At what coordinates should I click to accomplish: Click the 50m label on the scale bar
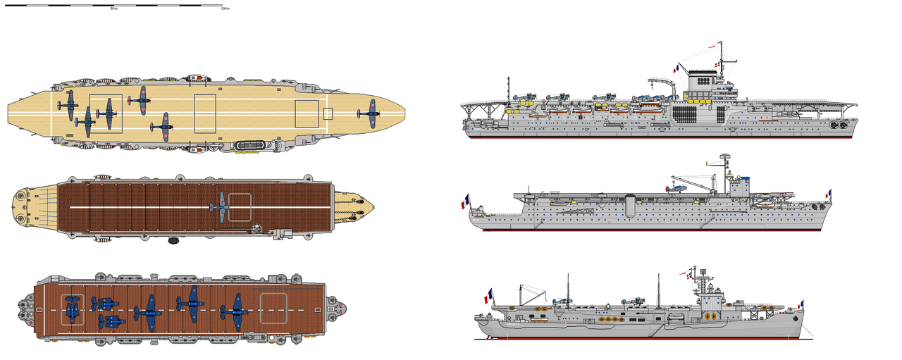[113, 8]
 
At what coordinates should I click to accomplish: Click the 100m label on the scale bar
[225, 8]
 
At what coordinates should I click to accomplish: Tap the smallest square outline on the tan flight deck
[328, 113]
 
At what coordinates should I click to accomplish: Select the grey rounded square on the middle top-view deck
[240, 206]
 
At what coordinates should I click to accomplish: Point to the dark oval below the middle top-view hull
[173, 241]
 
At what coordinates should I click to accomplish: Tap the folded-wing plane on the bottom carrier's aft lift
[72, 309]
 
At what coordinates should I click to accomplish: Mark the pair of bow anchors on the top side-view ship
[838, 125]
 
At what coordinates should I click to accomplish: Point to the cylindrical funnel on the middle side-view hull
[629, 206]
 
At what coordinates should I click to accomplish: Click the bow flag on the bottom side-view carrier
[800, 304]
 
